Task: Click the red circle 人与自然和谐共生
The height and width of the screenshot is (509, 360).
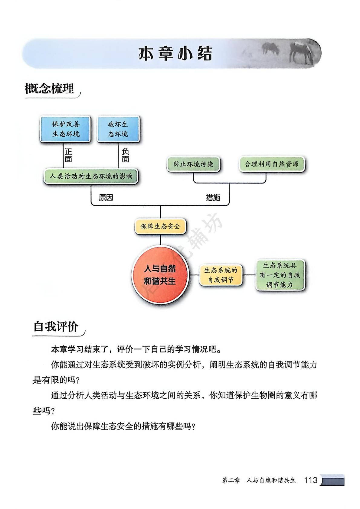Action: pyautogui.click(x=160, y=275)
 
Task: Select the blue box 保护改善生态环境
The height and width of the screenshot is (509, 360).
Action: pyautogui.click(x=66, y=129)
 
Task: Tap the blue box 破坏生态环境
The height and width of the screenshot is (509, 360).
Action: pyautogui.click(x=118, y=129)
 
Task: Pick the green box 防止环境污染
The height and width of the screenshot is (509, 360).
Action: pyautogui.click(x=193, y=164)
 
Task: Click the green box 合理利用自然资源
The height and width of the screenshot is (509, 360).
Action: pyautogui.click(x=271, y=164)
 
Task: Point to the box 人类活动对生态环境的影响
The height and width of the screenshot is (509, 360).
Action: pyautogui.click(x=91, y=176)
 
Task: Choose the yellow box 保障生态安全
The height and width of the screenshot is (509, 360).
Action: pyautogui.click(x=160, y=226)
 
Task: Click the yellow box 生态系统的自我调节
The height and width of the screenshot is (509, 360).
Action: pyautogui.click(x=221, y=275)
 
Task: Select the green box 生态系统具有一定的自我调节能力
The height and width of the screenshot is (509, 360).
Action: pyautogui.click(x=280, y=275)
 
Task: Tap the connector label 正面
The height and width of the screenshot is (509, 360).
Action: pyautogui.click(x=68, y=155)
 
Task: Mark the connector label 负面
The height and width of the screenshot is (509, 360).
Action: pyautogui.click(x=125, y=155)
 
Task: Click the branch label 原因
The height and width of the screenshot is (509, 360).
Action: pyautogui.click(x=106, y=198)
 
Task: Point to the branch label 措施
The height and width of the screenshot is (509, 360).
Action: pyautogui.click(x=213, y=198)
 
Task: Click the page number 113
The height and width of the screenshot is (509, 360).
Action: pyautogui.click(x=311, y=480)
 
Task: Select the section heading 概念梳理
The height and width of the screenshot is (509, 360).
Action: pyautogui.click(x=49, y=89)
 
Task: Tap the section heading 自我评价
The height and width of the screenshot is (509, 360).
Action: pyautogui.click(x=56, y=327)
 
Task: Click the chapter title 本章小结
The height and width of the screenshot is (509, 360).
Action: pyautogui.click(x=175, y=54)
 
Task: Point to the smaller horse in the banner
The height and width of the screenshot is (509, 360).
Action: pyautogui.click(x=270, y=48)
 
